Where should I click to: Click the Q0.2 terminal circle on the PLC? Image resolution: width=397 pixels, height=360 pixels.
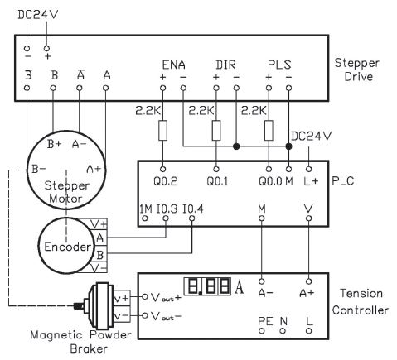click(163, 169)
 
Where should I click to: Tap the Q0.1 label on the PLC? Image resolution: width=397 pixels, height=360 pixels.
click(217, 181)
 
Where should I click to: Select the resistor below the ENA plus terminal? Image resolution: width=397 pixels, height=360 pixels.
click(163, 130)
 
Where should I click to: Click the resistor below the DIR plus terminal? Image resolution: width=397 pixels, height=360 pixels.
click(216, 130)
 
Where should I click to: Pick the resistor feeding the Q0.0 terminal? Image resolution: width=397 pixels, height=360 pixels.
click(269, 130)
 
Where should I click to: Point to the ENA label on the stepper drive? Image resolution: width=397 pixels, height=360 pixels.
click(173, 65)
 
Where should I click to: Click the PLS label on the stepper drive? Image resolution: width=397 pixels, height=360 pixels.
click(279, 65)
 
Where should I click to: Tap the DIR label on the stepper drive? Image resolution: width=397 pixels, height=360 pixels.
click(225, 65)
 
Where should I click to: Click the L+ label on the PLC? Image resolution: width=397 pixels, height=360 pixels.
click(311, 181)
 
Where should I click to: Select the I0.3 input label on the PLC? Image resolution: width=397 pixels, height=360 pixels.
click(167, 209)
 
